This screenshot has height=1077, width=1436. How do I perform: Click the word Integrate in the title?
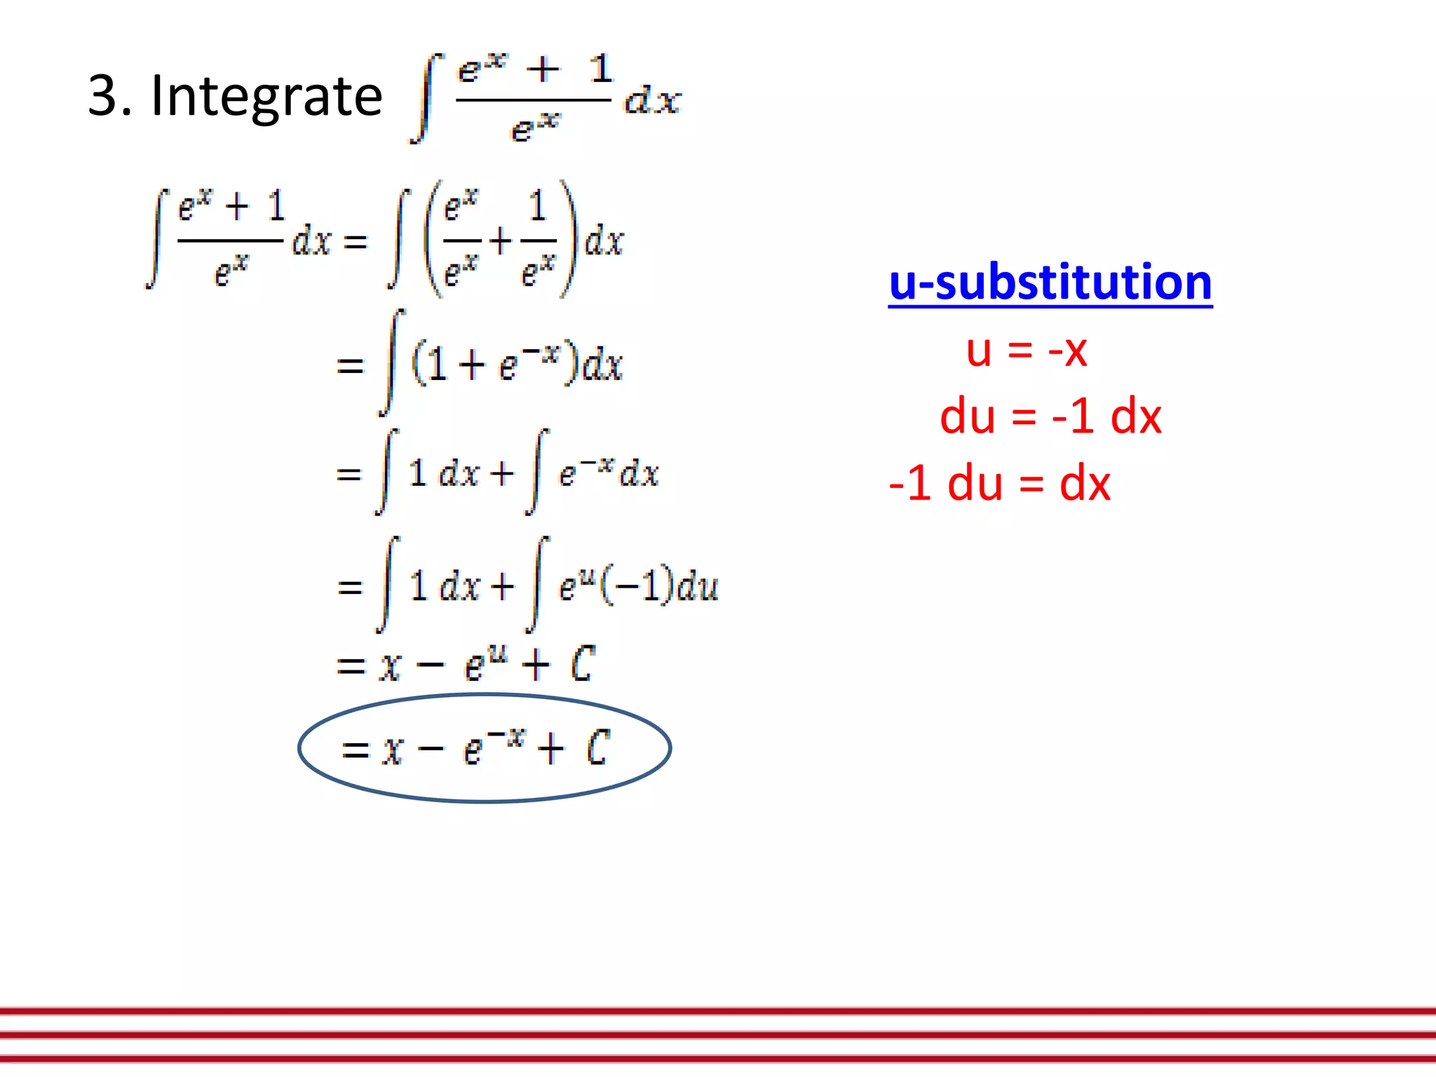(x=266, y=97)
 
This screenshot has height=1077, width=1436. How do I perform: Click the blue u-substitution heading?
(x=1050, y=283)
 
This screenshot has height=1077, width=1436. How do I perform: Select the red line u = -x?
(x=1026, y=350)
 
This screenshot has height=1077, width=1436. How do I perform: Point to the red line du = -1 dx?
(x=1050, y=416)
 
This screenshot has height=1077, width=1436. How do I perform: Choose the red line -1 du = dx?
(x=999, y=484)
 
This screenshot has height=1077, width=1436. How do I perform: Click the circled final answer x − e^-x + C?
(x=484, y=747)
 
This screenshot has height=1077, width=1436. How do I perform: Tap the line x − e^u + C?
(x=466, y=664)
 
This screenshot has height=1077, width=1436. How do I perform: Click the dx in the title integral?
(x=652, y=100)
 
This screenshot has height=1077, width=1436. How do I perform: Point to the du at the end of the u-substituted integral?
(x=698, y=586)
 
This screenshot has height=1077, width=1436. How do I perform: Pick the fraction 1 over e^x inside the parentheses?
(x=538, y=241)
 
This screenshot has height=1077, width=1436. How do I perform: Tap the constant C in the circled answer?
(x=598, y=747)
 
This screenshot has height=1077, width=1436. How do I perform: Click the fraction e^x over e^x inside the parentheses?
(x=461, y=241)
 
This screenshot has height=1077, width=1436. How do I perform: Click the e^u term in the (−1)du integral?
(x=576, y=585)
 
